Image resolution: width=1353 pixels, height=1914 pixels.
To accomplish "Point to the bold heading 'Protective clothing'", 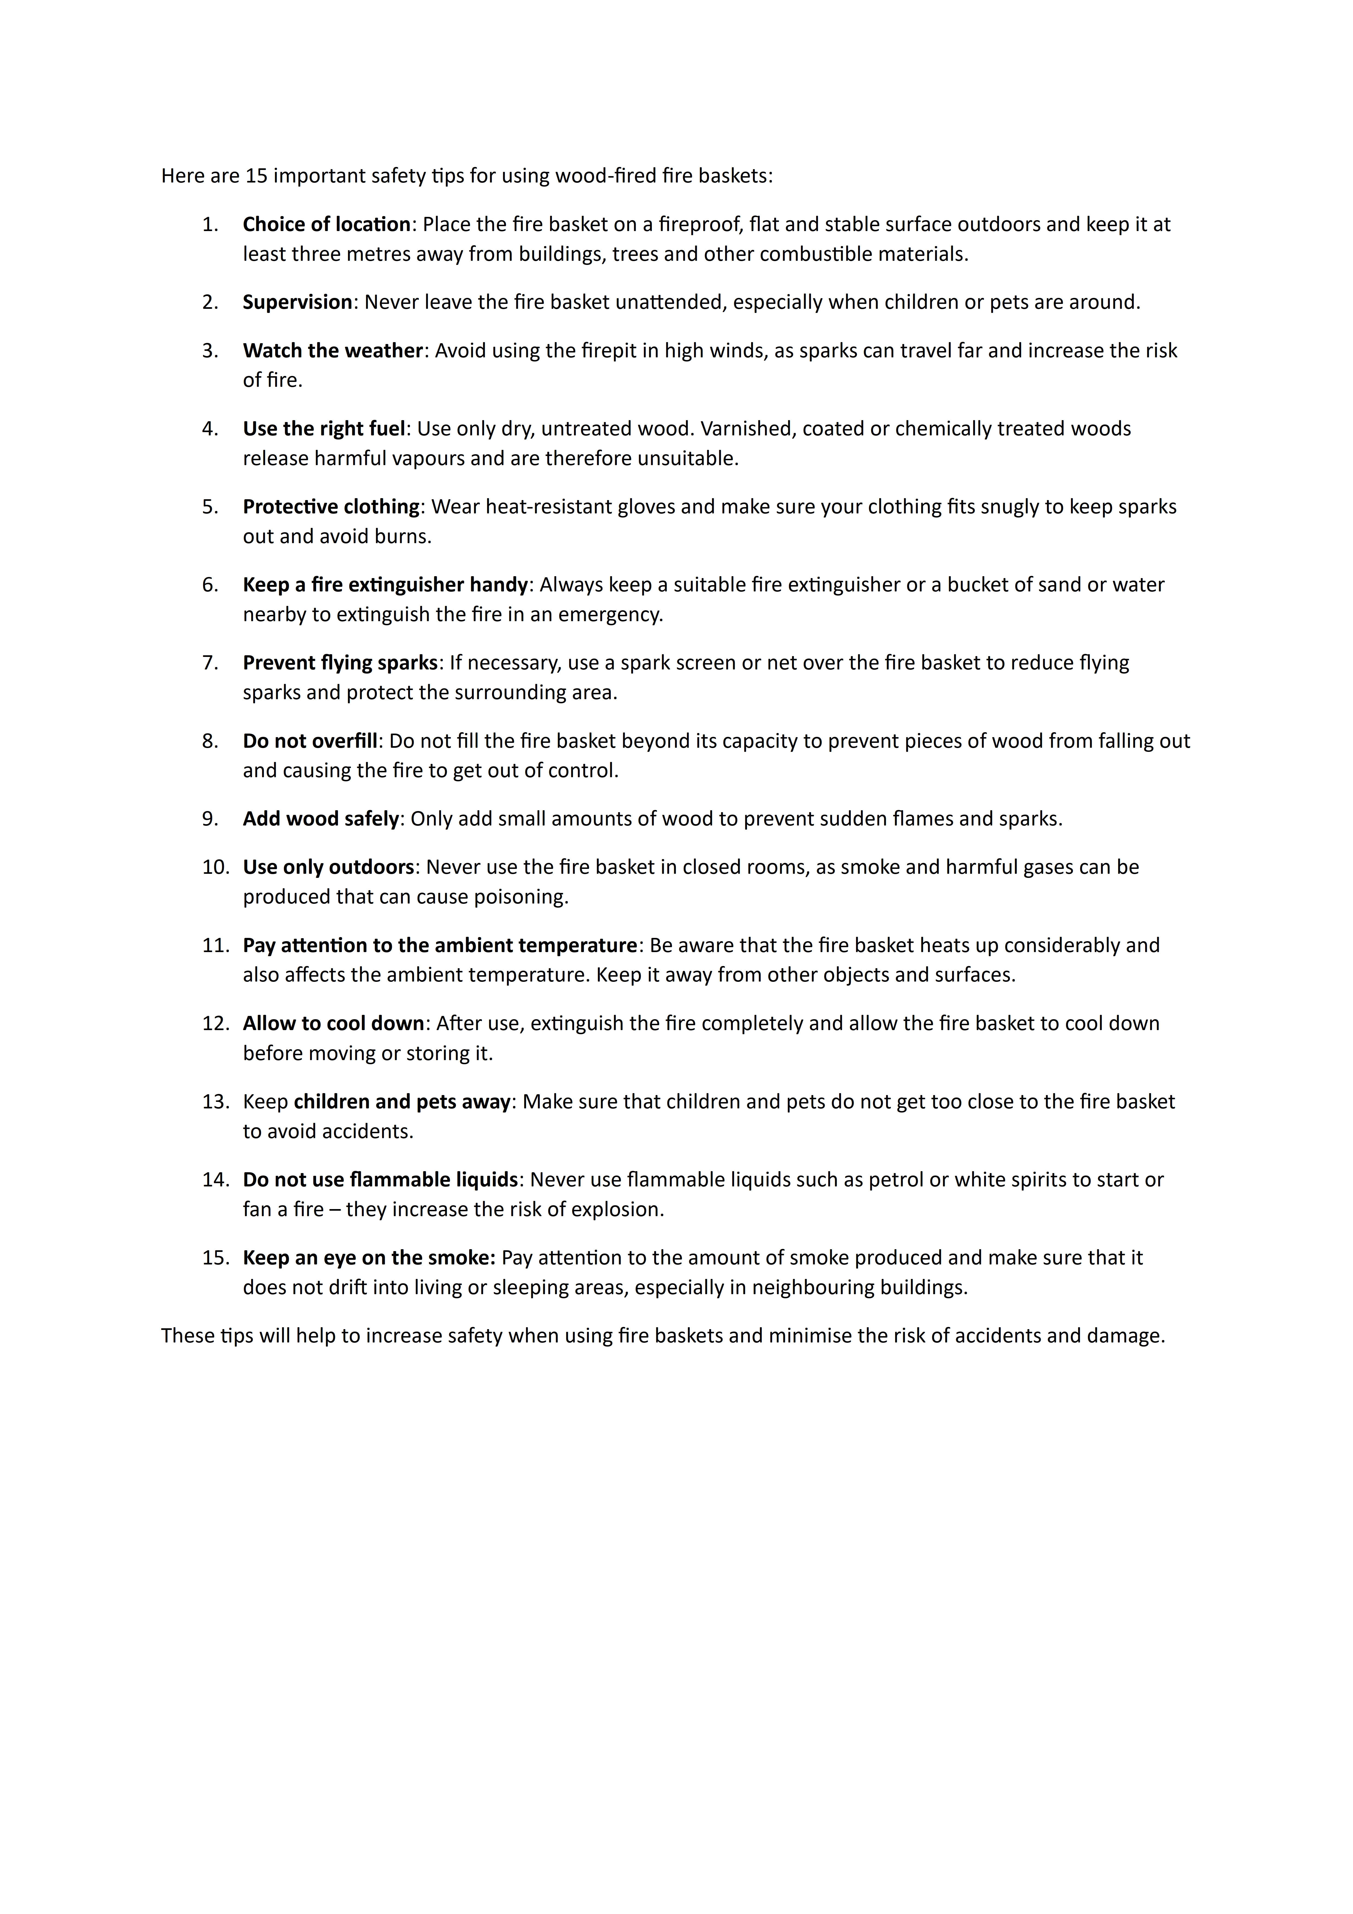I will click(x=331, y=507).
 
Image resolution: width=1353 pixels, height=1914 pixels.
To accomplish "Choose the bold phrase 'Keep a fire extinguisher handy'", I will click(x=385, y=584).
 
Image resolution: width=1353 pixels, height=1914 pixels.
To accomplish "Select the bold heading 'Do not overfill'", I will click(x=310, y=741).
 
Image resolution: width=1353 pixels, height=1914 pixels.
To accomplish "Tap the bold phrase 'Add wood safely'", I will click(x=321, y=819).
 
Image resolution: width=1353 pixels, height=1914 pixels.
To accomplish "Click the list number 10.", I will click(x=214, y=867).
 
